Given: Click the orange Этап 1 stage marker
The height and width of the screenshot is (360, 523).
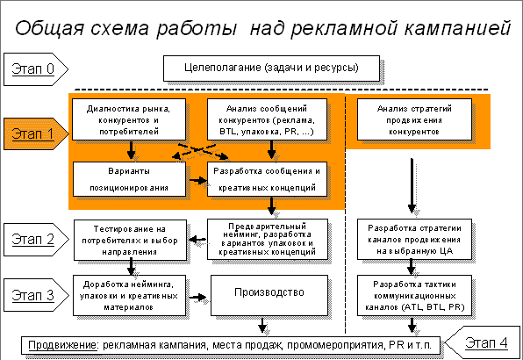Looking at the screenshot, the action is (36, 133).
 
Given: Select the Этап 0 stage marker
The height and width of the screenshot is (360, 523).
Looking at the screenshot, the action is (36, 69).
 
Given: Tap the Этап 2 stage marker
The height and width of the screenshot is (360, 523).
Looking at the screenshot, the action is (36, 239).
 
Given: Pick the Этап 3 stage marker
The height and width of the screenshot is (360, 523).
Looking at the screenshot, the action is (36, 295).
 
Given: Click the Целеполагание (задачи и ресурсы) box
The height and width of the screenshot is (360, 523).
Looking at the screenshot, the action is (271, 68).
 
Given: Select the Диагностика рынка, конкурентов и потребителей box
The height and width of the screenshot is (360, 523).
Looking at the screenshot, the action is (129, 119).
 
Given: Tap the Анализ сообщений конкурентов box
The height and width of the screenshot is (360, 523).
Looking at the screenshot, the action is (267, 119).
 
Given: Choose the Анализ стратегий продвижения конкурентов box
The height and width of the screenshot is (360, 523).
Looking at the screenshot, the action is (414, 119).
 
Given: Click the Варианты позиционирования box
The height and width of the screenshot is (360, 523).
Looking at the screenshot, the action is (129, 179).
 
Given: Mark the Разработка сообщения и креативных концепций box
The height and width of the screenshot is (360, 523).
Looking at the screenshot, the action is (267, 179).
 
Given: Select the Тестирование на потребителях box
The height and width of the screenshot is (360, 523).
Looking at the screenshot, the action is (130, 240).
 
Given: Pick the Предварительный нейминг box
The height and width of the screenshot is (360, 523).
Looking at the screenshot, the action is (268, 239).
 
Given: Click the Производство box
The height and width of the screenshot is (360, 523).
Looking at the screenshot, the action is (269, 295).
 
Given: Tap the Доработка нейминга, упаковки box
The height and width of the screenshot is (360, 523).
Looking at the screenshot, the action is (129, 295).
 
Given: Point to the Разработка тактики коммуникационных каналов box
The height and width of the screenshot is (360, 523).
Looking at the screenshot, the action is (414, 295).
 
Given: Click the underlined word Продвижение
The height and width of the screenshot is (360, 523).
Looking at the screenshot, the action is (62, 345).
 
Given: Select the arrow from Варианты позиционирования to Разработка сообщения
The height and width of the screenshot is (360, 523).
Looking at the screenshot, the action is (198, 181).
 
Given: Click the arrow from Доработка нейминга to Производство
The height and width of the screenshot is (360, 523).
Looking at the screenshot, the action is (198, 297).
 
